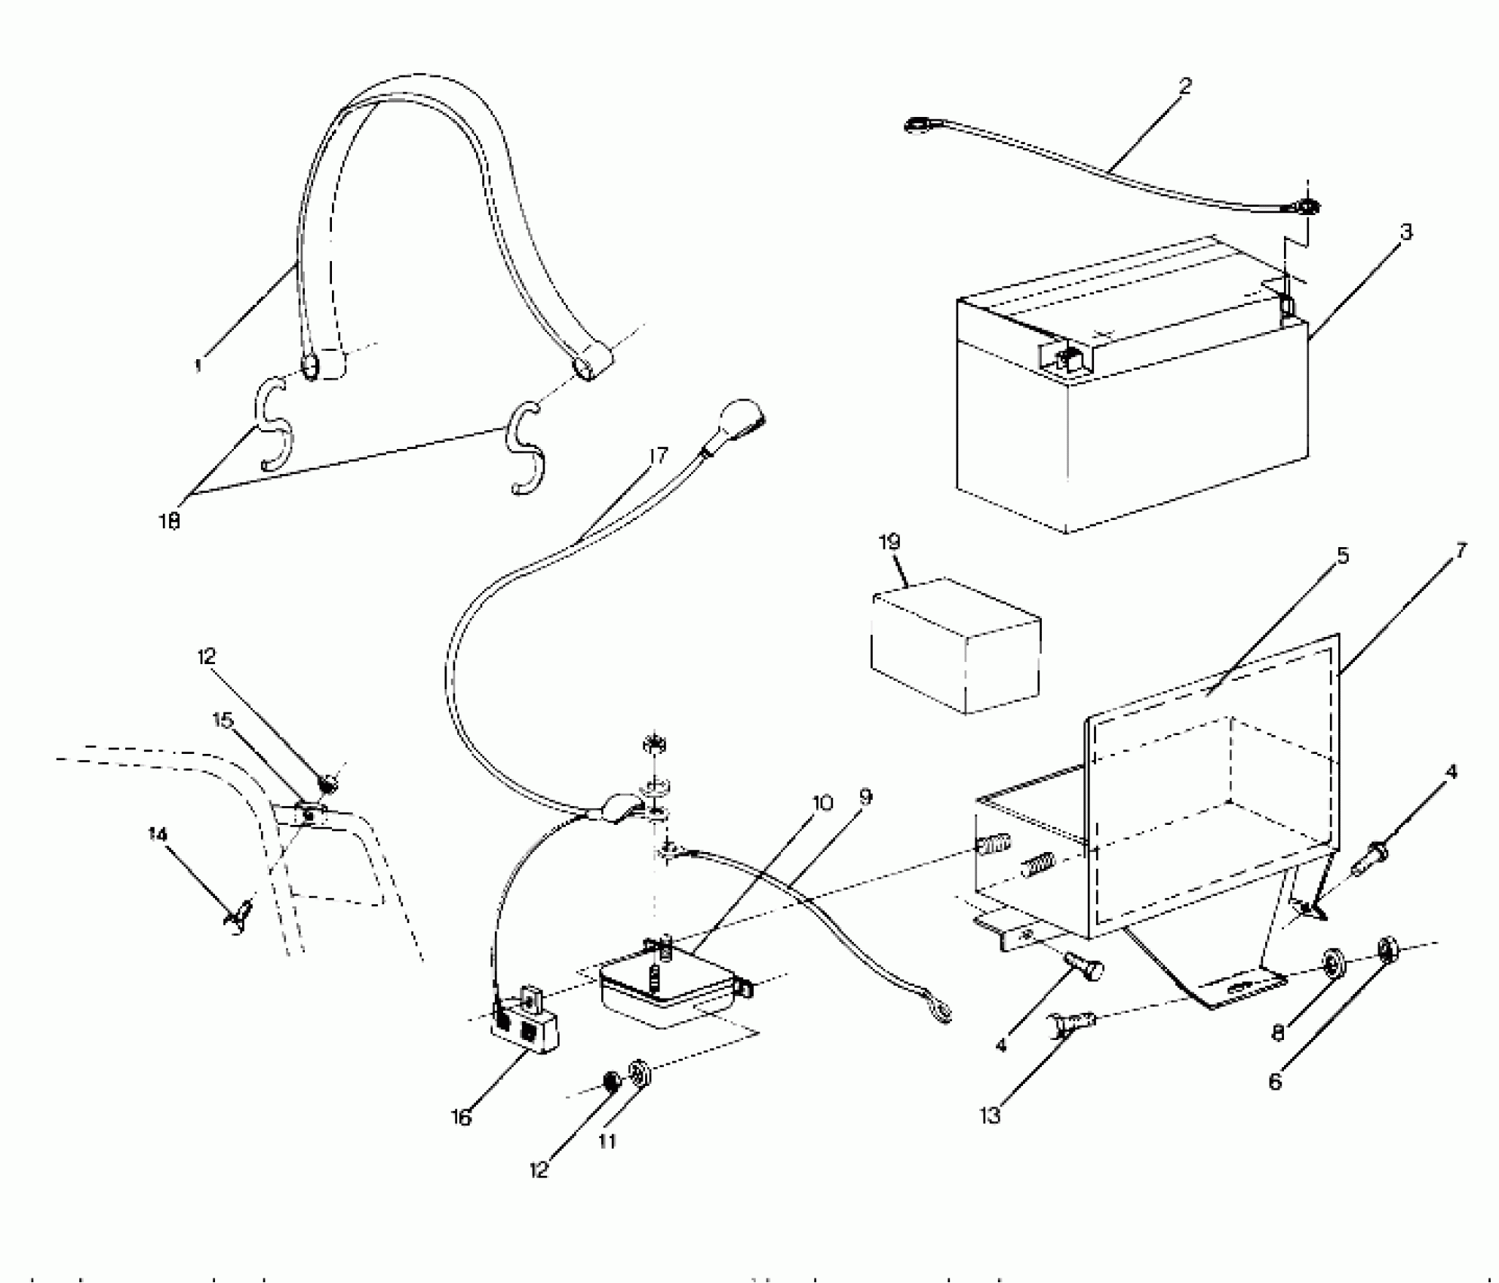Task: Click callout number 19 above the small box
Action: tap(889, 543)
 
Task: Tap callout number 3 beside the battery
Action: tap(1405, 232)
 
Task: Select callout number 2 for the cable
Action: tap(1185, 86)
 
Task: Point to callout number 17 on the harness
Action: tap(658, 456)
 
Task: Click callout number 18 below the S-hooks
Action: tap(170, 521)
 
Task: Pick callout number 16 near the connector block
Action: tap(461, 1118)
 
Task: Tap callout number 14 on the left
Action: tap(158, 834)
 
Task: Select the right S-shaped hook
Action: tap(525, 449)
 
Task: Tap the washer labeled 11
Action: tap(639, 1072)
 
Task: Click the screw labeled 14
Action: tap(238, 917)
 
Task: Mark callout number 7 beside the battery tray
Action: tap(1461, 552)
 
